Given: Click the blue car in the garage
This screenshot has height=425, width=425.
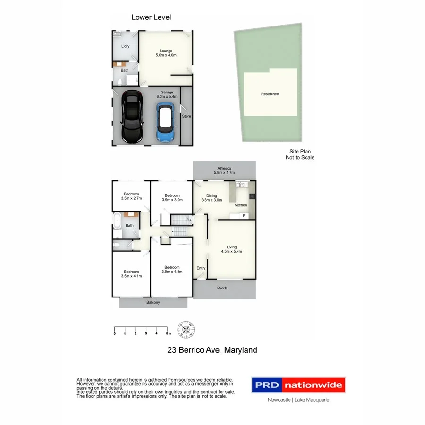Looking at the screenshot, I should [x=165, y=122].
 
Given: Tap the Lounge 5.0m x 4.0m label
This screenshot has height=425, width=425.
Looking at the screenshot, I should [x=166, y=53].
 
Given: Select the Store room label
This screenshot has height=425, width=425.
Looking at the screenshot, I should [x=187, y=116].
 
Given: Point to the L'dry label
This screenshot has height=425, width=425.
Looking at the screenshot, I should [x=125, y=46].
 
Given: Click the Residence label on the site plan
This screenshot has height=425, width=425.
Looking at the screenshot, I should [x=270, y=94].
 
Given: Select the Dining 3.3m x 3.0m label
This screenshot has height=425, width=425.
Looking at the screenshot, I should [x=211, y=197].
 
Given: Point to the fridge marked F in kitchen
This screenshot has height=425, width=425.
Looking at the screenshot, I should [x=243, y=216].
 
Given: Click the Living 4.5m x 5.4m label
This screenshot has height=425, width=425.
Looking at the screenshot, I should [x=231, y=249].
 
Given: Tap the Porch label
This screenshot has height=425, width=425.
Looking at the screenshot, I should [x=222, y=288].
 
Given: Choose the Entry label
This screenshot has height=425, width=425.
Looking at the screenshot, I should [x=201, y=268].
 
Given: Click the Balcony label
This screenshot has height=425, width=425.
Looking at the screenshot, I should [x=153, y=302].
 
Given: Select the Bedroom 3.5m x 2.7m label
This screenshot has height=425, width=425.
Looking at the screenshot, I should [x=131, y=196].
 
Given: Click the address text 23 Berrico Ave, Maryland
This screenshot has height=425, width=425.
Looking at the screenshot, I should [x=212, y=350].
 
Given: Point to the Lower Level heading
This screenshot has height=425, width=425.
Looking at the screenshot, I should [x=151, y=17].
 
